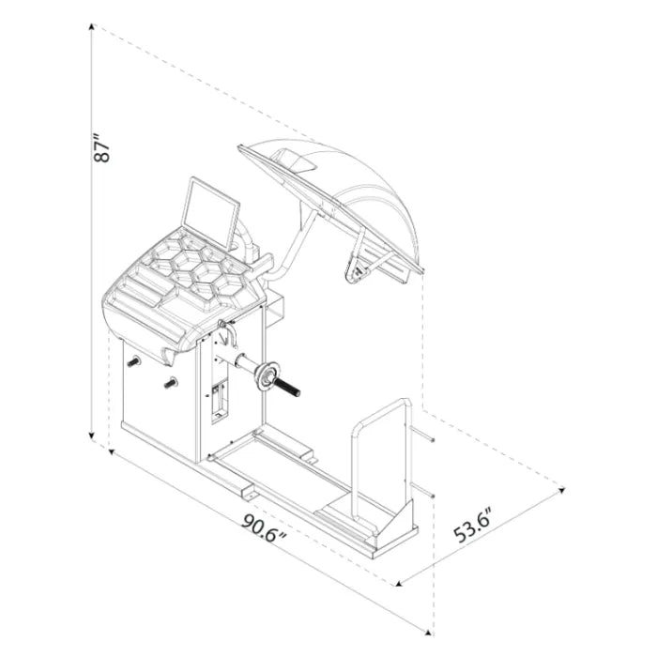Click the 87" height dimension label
pos(101,148)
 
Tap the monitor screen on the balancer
pos(211,213)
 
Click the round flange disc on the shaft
pos(266,376)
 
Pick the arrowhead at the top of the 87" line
pos(91,27)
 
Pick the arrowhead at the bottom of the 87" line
pos(91,436)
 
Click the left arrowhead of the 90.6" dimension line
pos(112,452)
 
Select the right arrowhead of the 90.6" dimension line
pos(427,633)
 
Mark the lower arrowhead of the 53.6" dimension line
pos(399,583)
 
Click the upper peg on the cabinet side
pos(133,362)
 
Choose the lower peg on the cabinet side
pos(171,383)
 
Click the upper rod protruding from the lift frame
pos(422,435)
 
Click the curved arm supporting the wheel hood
pos(293,247)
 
